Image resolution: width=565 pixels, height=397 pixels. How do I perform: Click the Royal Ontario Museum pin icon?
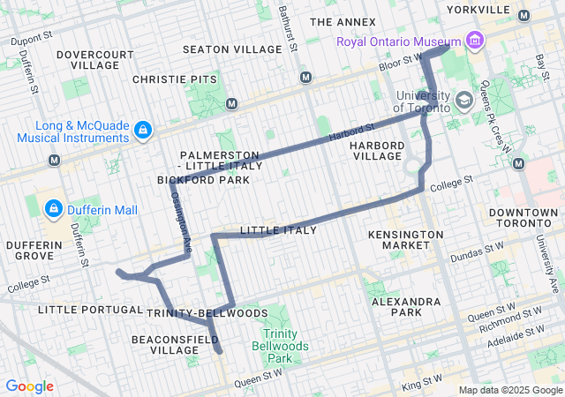475,41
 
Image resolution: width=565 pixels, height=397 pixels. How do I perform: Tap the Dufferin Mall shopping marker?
54,209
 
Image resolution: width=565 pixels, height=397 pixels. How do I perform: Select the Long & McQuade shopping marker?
142,131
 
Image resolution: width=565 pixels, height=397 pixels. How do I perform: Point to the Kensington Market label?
413,239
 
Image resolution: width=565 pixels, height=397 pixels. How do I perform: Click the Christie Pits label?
174,79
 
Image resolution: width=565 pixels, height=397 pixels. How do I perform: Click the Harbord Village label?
376,150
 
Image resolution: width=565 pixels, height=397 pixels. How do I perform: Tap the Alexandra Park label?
406,306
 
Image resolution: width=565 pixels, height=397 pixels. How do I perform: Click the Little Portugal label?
90,310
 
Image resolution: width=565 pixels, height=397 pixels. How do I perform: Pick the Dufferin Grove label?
33,250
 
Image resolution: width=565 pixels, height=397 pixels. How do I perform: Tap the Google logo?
30,386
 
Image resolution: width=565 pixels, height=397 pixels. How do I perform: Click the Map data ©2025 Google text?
509,390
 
